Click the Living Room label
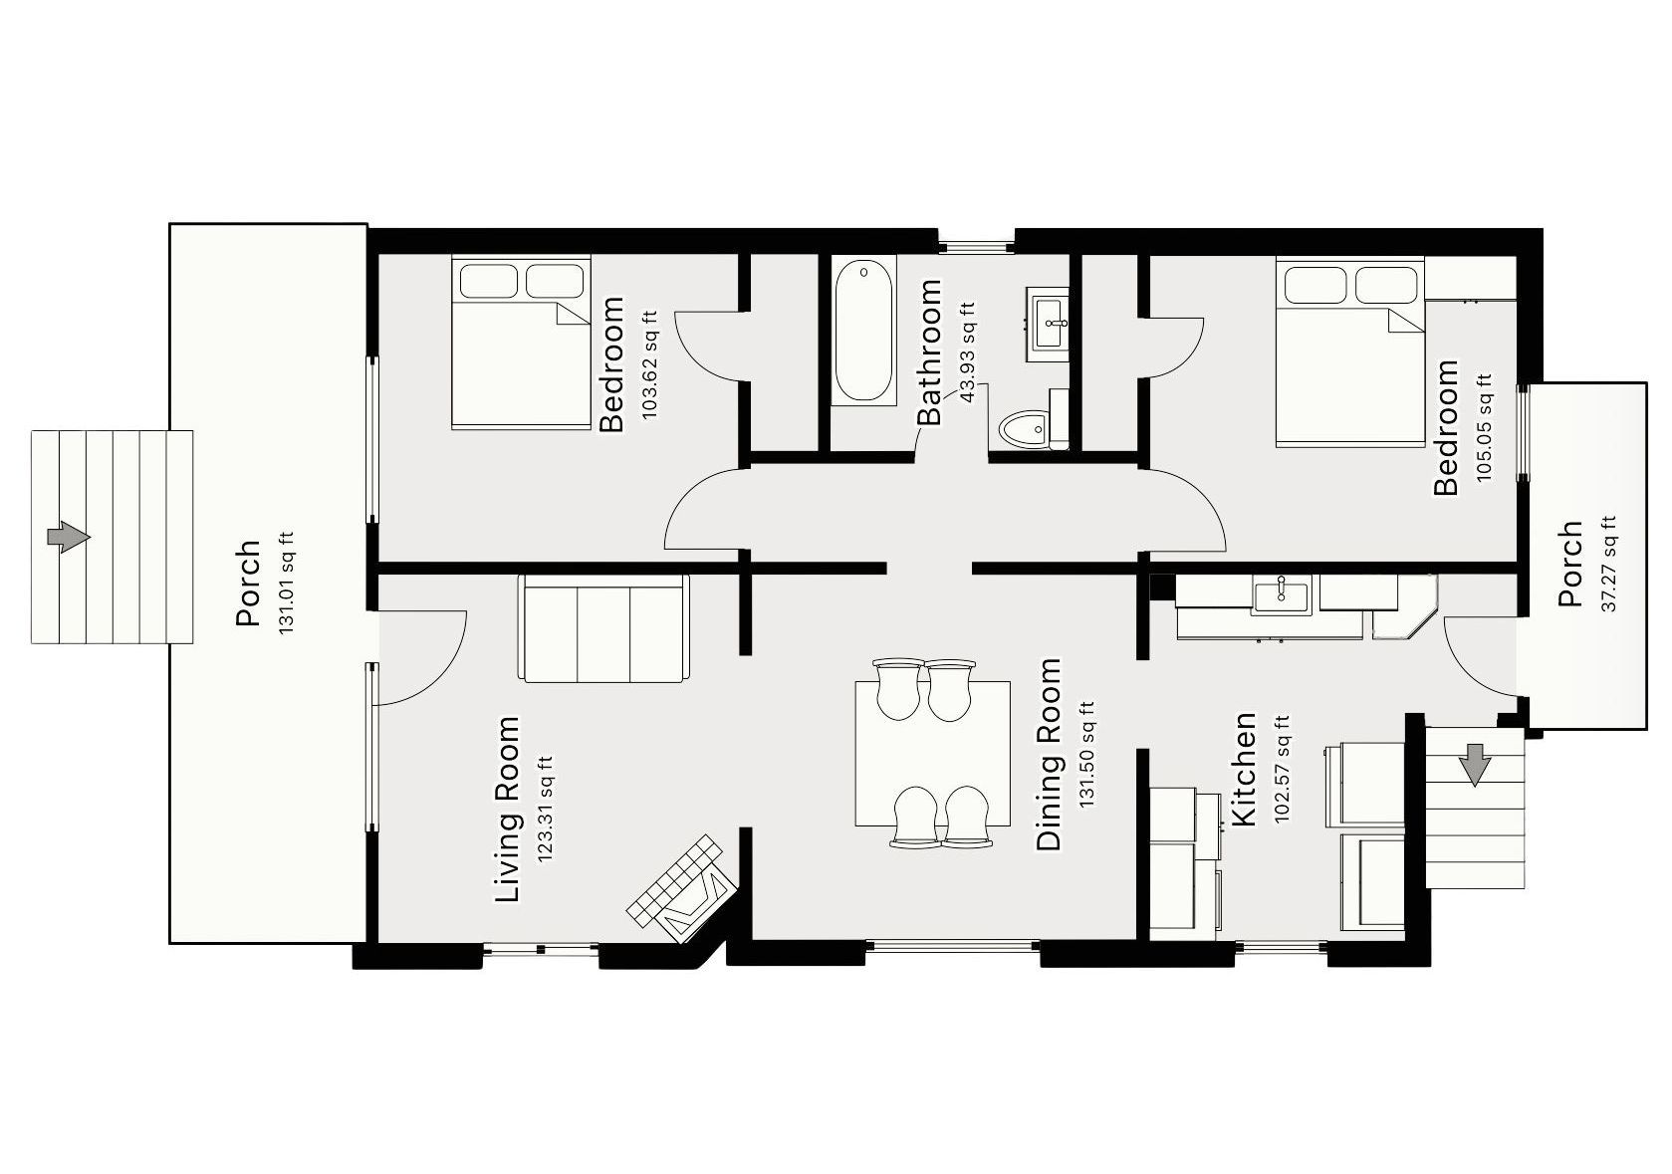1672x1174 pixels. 508,809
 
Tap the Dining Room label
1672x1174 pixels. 1049,754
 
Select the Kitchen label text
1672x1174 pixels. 1244,769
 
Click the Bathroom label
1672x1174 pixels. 929,352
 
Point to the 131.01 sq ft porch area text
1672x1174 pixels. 286,584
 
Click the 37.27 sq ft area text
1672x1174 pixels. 1608,564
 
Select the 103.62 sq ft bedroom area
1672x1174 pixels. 650,363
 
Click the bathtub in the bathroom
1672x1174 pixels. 863,331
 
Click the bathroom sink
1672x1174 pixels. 1048,324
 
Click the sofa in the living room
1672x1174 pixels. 603,628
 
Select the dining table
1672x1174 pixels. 933,753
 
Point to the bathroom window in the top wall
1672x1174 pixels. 976,243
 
